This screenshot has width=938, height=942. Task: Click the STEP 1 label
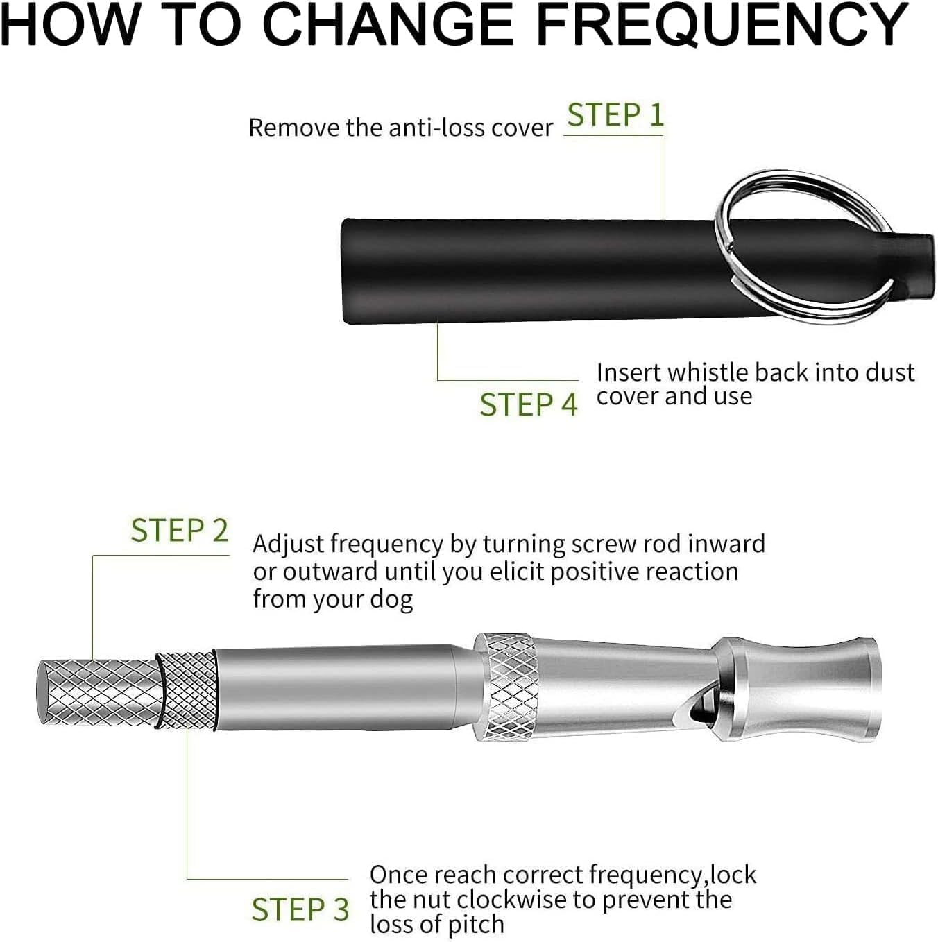615,115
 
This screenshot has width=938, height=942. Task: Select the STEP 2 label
180,531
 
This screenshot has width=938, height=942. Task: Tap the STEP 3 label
300,909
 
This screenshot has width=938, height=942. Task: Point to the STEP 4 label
529,405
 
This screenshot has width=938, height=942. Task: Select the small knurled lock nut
186,690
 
